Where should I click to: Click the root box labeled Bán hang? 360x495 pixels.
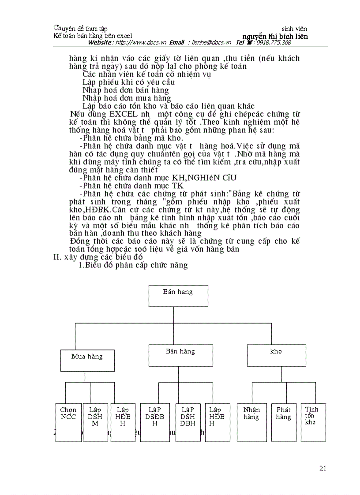[178, 296]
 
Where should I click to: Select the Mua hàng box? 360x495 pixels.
[87, 361]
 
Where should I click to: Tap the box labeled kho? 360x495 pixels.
[276, 355]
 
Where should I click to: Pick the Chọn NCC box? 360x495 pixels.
[68, 422]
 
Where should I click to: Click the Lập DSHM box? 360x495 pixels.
[95, 422]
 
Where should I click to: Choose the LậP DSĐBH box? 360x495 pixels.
[155, 422]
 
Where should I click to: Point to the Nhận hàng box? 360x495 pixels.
[251, 422]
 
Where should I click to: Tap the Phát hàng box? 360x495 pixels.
[284, 422]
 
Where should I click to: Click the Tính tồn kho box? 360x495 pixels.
[313, 422]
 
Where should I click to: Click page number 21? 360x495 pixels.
[322, 469]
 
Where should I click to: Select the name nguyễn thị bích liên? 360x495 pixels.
[275, 36]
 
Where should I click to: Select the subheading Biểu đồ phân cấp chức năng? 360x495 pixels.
[133, 265]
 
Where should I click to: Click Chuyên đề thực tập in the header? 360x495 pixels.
[80, 29]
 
